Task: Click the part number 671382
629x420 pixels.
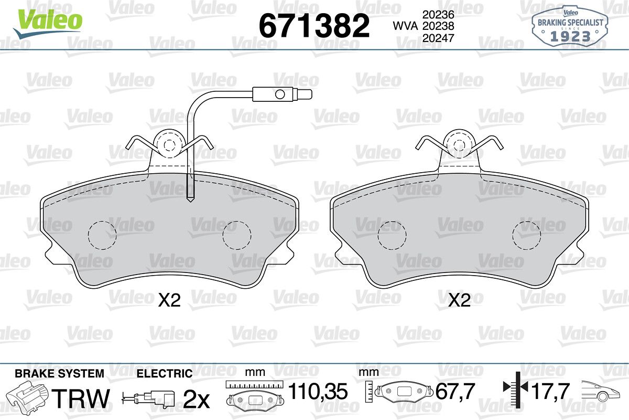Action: pyautogui.click(x=314, y=26)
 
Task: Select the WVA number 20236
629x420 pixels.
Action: pyautogui.click(x=438, y=14)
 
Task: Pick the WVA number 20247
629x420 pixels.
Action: pyautogui.click(x=438, y=38)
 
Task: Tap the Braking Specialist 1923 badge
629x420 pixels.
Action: pyautogui.click(x=570, y=27)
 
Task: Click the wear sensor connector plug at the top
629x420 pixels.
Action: pyautogui.click(x=282, y=94)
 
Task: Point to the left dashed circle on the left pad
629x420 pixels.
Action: pyautogui.click(x=102, y=235)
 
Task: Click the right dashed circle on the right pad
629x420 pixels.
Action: pyautogui.click(x=526, y=235)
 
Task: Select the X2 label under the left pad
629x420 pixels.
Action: pyautogui.click(x=169, y=300)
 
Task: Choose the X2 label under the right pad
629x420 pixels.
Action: pyautogui.click(x=459, y=300)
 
